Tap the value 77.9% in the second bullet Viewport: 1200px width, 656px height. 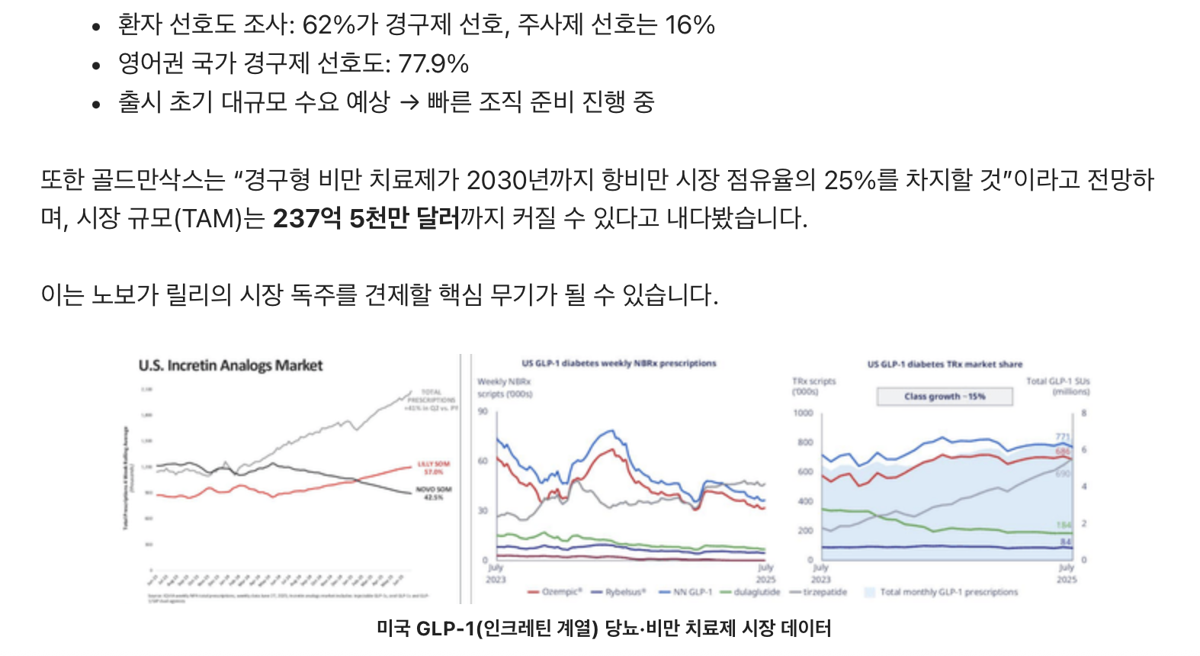pos(433,63)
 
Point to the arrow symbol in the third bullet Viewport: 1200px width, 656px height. pos(409,102)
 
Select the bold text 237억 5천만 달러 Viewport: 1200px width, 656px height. pos(366,219)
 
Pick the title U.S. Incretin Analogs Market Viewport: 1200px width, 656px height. pos(230,365)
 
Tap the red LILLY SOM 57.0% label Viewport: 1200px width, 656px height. pos(433,468)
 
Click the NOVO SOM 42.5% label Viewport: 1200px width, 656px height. pos(433,493)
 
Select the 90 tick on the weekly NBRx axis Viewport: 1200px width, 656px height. pos(483,412)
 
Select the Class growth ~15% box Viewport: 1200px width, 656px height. pos(945,397)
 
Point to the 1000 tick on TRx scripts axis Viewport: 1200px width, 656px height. pos(803,413)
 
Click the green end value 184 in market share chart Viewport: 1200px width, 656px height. pos(1064,525)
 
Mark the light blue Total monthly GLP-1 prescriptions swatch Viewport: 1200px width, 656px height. pos(869,592)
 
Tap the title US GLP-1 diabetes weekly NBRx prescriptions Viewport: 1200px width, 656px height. pos(619,364)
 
